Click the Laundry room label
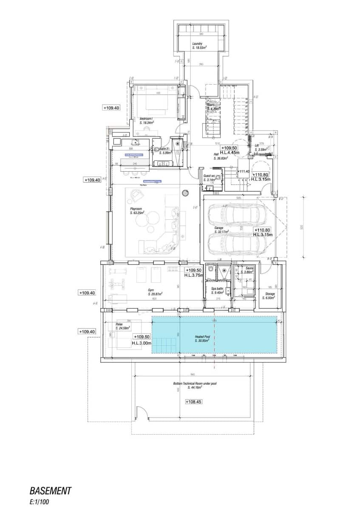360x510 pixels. [197, 44]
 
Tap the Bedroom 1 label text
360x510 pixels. [146, 119]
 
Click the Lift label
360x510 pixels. [257, 145]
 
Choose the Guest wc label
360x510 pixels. [208, 176]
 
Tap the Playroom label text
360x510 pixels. [136, 210]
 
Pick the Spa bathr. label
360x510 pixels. [217, 289]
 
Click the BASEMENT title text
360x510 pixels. [51, 491]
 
